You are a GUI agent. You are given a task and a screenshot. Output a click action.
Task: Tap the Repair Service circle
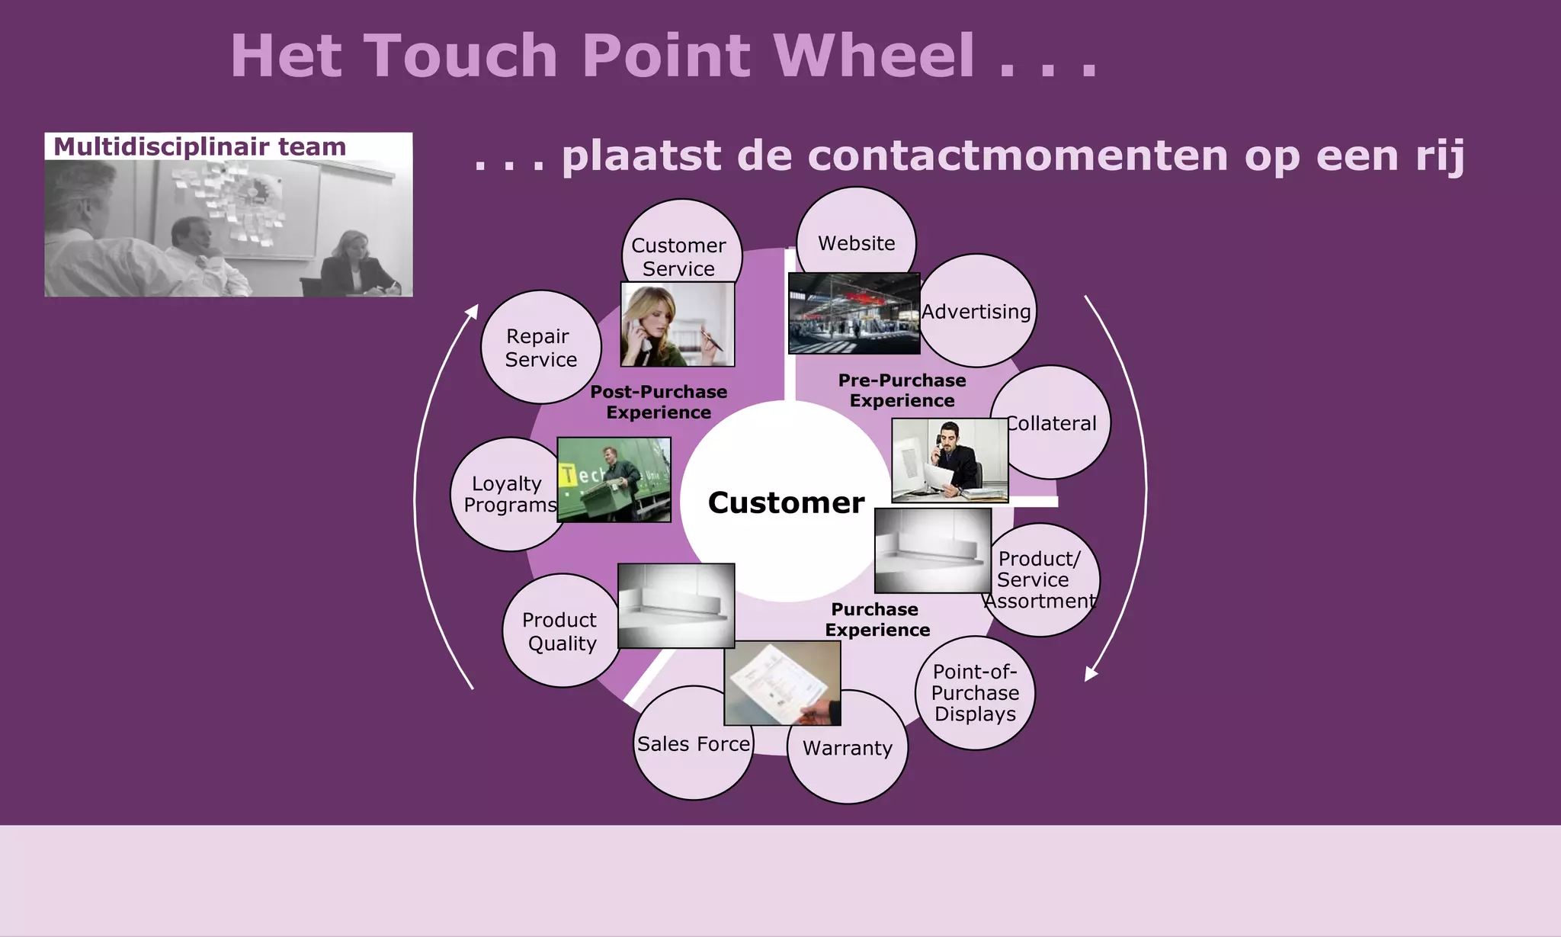pyautogui.click(x=540, y=347)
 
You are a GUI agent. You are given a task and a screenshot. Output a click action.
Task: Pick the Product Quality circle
pyautogui.click(x=559, y=631)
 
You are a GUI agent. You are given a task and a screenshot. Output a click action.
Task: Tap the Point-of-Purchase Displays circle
pyautogui.click(x=975, y=693)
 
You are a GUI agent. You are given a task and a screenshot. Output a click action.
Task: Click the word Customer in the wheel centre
pyautogui.click(x=786, y=503)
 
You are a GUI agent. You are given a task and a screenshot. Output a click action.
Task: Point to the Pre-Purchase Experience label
pyautogui.click(x=902, y=390)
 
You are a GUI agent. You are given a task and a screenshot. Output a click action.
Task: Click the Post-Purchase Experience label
pyautogui.click(x=659, y=402)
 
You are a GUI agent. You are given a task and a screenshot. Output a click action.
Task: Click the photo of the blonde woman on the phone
pyautogui.click(x=678, y=324)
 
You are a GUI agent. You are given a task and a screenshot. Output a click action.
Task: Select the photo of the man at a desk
pyautogui.click(x=950, y=460)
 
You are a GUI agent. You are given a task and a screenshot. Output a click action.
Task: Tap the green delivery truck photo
pyautogui.click(x=614, y=480)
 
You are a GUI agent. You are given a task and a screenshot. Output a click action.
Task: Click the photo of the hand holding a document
pyautogui.click(x=782, y=683)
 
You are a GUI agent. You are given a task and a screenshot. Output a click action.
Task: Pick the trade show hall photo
pyautogui.click(x=854, y=313)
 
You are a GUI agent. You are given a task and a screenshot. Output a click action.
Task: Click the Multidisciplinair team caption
pyautogui.click(x=200, y=146)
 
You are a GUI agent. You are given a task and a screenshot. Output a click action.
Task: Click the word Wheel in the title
pyautogui.click(x=873, y=56)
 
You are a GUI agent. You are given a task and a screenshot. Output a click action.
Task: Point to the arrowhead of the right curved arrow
pyautogui.click(x=1090, y=674)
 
